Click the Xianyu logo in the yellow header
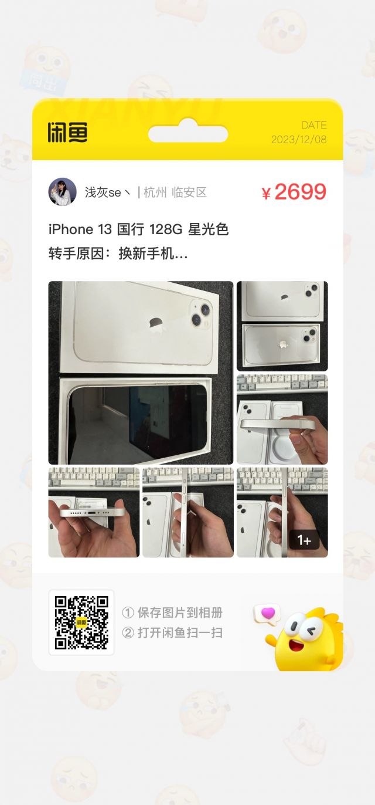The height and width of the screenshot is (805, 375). (x=67, y=133)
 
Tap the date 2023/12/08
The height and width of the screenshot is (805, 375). (x=299, y=140)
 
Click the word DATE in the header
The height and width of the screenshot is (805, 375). (x=314, y=125)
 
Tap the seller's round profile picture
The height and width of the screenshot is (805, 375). (x=62, y=192)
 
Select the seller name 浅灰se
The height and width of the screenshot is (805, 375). (x=105, y=192)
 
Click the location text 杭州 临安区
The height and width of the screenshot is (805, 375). (x=175, y=192)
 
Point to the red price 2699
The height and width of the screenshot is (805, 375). (x=300, y=192)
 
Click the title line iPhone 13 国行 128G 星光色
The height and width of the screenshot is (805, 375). (x=138, y=229)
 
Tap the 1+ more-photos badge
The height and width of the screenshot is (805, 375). (x=304, y=540)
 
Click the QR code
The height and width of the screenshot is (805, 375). (x=81, y=622)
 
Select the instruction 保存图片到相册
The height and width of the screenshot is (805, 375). (x=179, y=613)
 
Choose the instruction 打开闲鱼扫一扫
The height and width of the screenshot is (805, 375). (x=179, y=633)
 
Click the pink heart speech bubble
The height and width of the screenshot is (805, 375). (x=268, y=613)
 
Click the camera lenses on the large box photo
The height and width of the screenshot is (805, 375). (x=200, y=313)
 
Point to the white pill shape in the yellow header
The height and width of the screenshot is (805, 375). (x=187, y=134)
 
